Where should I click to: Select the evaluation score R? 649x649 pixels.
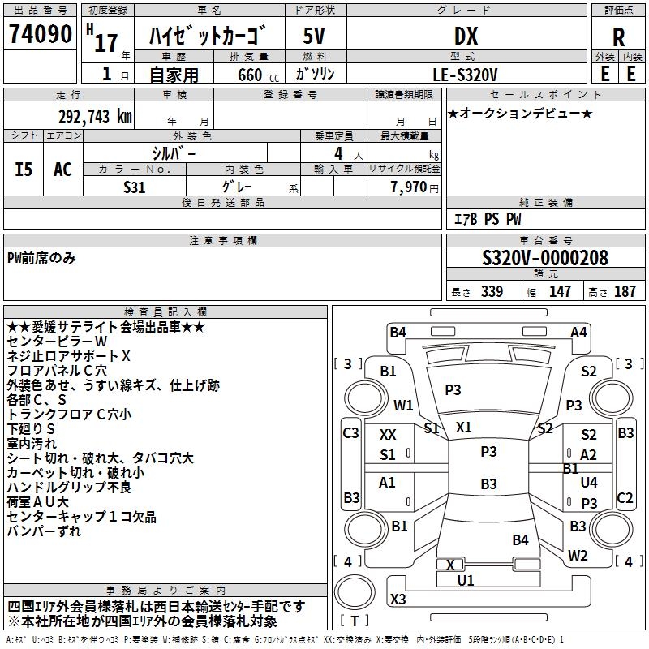[x=618, y=38]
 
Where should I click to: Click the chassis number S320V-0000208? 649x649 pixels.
[x=545, y=258]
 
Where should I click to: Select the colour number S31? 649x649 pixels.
[x=135, y=187]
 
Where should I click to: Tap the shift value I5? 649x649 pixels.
[x=24, y=170]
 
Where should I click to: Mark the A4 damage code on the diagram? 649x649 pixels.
[x=578, y=332]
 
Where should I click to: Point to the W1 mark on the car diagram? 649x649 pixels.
[x=403, y=405]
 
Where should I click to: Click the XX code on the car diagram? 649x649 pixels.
[x=388, y=435]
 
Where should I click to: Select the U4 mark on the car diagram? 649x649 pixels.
[x=589, y=483]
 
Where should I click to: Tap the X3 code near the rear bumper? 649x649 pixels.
[x=398, y=599]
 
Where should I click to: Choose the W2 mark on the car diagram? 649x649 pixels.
[x=578, y=556]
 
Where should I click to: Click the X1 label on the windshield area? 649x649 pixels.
[x=463, y=427]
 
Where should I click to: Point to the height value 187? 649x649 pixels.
[x=625, y=292]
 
